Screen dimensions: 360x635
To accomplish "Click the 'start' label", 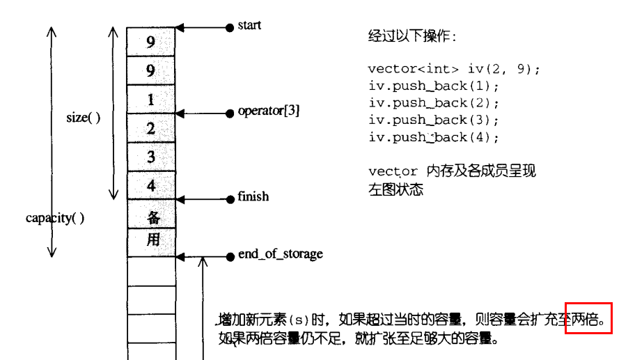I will click(249, 26).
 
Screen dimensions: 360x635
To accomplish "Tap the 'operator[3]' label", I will click(269, 111).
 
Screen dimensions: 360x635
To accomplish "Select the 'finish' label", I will click(253, 197).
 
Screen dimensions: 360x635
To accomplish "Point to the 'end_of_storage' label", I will click(280, 254).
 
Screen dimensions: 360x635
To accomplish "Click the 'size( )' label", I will click(84, 118).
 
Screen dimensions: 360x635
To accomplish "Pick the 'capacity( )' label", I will click(55, 218).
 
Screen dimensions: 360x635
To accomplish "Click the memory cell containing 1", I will click(150, 100).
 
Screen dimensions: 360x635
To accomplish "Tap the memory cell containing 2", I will click(150, 128).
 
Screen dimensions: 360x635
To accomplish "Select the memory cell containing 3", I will click(150, 157).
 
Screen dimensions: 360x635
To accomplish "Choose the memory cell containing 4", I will click(150, 185).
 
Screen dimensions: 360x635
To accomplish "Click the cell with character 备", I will click(152, 214).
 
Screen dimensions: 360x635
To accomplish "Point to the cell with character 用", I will click(152, 242).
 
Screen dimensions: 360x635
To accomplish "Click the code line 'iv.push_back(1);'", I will click(434, 86).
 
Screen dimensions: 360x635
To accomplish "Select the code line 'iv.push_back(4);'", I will click(434, 137).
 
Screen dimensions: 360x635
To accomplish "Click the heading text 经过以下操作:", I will click(412, 36).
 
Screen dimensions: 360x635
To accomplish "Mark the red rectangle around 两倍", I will click(588, 318).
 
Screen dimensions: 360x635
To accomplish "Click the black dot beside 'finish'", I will click(230, 198).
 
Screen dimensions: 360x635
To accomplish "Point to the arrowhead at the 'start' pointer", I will click(180, 28).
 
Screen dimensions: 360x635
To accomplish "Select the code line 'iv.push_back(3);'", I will click(434, 120).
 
